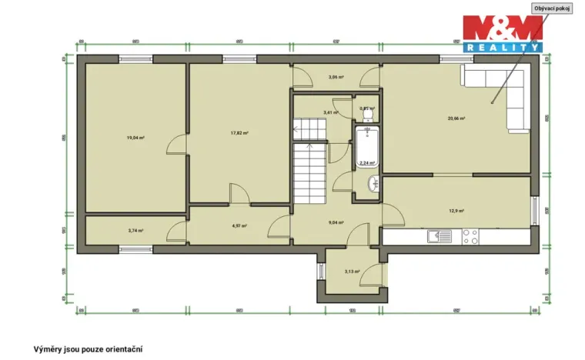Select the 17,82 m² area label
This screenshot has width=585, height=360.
point(239,132)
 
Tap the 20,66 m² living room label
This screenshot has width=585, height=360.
point(456,118)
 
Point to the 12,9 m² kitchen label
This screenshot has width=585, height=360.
point(456,210)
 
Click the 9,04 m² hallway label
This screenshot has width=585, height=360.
point(336,223)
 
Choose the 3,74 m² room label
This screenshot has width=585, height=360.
point(136,230)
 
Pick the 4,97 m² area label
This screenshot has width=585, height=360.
point(239,226)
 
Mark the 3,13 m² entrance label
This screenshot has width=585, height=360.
point(353,272)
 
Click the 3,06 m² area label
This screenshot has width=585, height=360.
point(336,77)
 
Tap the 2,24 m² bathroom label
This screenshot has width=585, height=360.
point(367,162)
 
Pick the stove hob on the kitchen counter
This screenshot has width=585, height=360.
point(470,237)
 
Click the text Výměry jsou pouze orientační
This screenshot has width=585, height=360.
point(88,348)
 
